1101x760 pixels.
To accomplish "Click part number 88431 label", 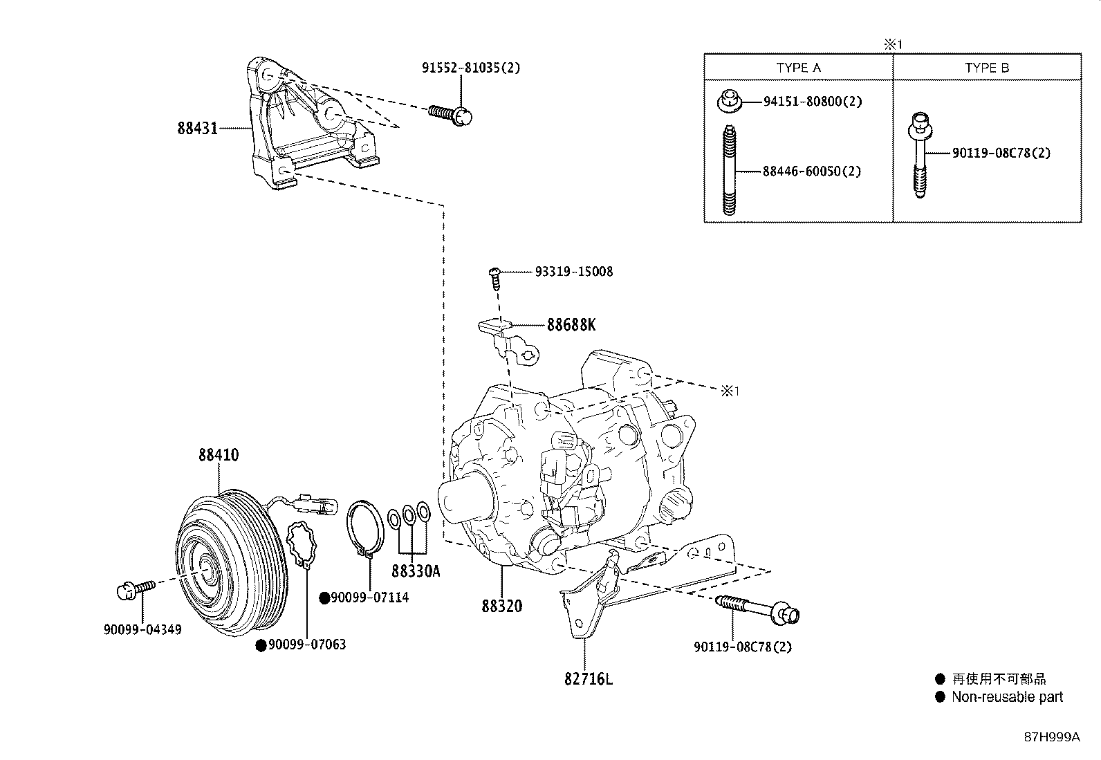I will (197, 128).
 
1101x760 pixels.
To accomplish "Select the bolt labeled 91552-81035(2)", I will (450, 113).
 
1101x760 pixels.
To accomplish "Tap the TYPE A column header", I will (798, 68).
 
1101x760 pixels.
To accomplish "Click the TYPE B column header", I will (986, 68).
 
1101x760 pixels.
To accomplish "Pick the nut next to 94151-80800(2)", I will (728, 101).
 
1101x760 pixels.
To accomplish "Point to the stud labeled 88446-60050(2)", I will (730, 170).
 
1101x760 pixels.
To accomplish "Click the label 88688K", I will (571, 324).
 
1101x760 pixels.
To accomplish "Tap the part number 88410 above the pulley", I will (219, 455).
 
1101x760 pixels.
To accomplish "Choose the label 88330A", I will (415, 571).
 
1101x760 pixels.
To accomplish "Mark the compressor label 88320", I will (502, 606).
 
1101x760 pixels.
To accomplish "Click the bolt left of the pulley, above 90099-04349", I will (136, 588).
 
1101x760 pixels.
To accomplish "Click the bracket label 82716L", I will (588, 679).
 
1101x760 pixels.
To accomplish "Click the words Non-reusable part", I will (1007, 697).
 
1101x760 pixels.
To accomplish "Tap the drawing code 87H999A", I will (1051, 737).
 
